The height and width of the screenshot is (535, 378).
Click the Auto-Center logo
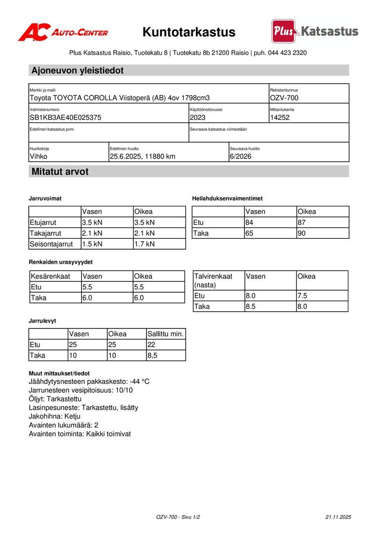(x=63, y=32)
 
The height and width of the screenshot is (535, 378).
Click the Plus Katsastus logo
(x=315, y=31)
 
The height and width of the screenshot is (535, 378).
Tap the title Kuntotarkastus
(x=189, y=32)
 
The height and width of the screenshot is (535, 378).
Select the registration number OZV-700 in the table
(x=284, y=98)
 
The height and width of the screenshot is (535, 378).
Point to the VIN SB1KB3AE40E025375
(x=65, y=118)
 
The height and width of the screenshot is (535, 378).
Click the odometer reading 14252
(x=280, y=118)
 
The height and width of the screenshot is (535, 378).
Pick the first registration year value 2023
(x=197, y=118)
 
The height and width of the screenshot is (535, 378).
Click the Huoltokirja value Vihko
(x=39, y=157)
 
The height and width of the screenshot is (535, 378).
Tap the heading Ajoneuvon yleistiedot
(x=77, y=70)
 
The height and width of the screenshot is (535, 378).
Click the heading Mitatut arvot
(x=60, y=172)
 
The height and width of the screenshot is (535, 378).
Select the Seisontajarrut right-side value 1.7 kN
(x=144, y=244)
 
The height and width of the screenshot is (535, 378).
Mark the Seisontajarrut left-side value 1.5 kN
(x=92, y=244)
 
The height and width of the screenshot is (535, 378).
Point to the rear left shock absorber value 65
(x=249, y=233)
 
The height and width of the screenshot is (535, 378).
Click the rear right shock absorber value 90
(x=302, y=233)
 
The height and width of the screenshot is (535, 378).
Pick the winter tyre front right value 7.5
(x=302, y=296)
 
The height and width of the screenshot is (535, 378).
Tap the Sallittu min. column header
(x=165, y=334)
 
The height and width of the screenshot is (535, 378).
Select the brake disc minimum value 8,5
(x=153, y=356)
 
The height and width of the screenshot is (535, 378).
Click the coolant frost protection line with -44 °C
(x=89, y=381)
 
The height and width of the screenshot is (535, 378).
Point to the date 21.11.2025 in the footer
(x=338, y=517)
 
